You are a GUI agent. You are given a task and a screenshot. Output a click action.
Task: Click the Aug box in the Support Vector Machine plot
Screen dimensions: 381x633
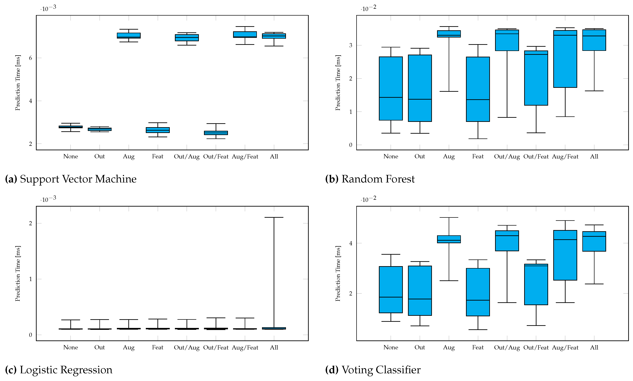129,35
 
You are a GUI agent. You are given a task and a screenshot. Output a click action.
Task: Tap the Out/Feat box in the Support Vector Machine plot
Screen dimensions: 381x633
216,133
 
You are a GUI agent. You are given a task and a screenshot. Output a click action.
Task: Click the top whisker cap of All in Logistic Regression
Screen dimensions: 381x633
274,217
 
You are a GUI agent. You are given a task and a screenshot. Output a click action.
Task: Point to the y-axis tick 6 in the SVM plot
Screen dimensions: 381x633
30,58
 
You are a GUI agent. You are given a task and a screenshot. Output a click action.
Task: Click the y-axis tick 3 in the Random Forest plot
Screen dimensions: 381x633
351,45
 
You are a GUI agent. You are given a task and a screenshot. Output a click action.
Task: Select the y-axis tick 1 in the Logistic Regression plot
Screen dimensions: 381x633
30,279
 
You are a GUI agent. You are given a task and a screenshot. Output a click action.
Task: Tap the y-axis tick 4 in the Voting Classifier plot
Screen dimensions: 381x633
351,243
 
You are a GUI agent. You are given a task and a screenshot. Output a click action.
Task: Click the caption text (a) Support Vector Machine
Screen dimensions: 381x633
71,179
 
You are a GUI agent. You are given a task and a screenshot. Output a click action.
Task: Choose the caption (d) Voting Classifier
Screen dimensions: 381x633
373,370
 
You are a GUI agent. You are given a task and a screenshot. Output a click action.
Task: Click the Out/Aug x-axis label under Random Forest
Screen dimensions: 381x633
507,157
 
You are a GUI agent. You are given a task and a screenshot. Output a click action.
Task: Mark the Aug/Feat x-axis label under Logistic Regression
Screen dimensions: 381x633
245,347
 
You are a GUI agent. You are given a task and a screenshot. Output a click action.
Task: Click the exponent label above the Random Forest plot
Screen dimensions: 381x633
368,8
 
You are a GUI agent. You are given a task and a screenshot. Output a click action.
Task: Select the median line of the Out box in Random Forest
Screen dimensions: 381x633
420,99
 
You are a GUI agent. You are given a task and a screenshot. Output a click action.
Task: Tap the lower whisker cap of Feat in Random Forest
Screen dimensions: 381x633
478,139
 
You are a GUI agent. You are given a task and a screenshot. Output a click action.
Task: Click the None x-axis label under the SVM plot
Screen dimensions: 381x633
71,157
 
